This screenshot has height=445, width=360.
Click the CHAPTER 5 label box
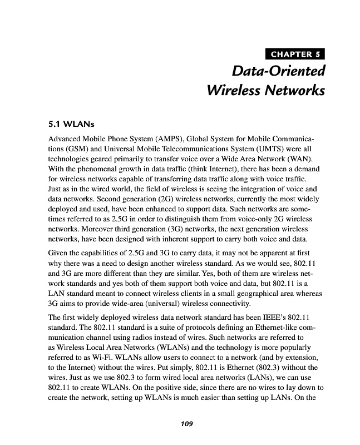[x=296, y=54]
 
